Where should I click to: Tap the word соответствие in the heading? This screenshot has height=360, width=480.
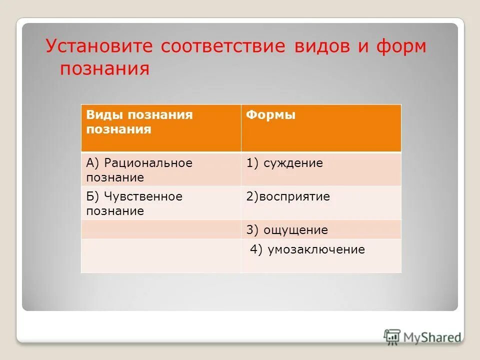point(222,46)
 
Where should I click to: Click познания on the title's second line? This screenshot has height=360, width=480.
point(105,68)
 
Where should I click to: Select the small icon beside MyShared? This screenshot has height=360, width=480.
point(392,337)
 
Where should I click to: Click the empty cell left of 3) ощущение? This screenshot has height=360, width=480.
point(160,229)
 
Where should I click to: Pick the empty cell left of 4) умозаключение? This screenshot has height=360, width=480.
point(160,255)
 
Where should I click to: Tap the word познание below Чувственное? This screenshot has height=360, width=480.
point(115,211)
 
